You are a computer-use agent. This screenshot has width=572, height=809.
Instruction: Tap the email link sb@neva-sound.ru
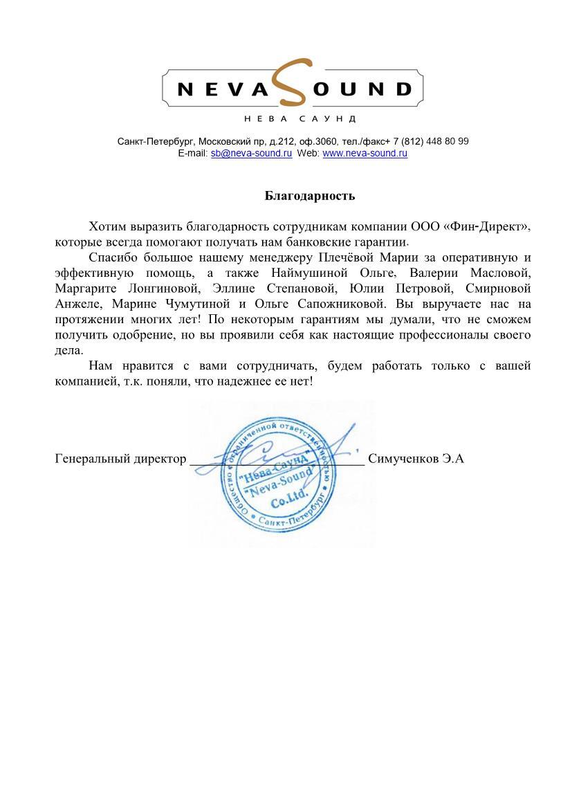pyautogui.click(x=251, y=153)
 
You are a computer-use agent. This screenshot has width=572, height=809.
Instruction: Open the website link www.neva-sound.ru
pyautogui.click(x=365, y=153)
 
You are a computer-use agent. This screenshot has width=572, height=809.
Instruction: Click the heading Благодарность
pyautogui.click(x=310, y=196)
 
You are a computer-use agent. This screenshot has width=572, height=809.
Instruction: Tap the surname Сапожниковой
pyautogui.click(x=339, y=304)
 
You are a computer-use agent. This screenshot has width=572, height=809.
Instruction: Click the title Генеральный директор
pyautogui.click(x=120, y=458)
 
